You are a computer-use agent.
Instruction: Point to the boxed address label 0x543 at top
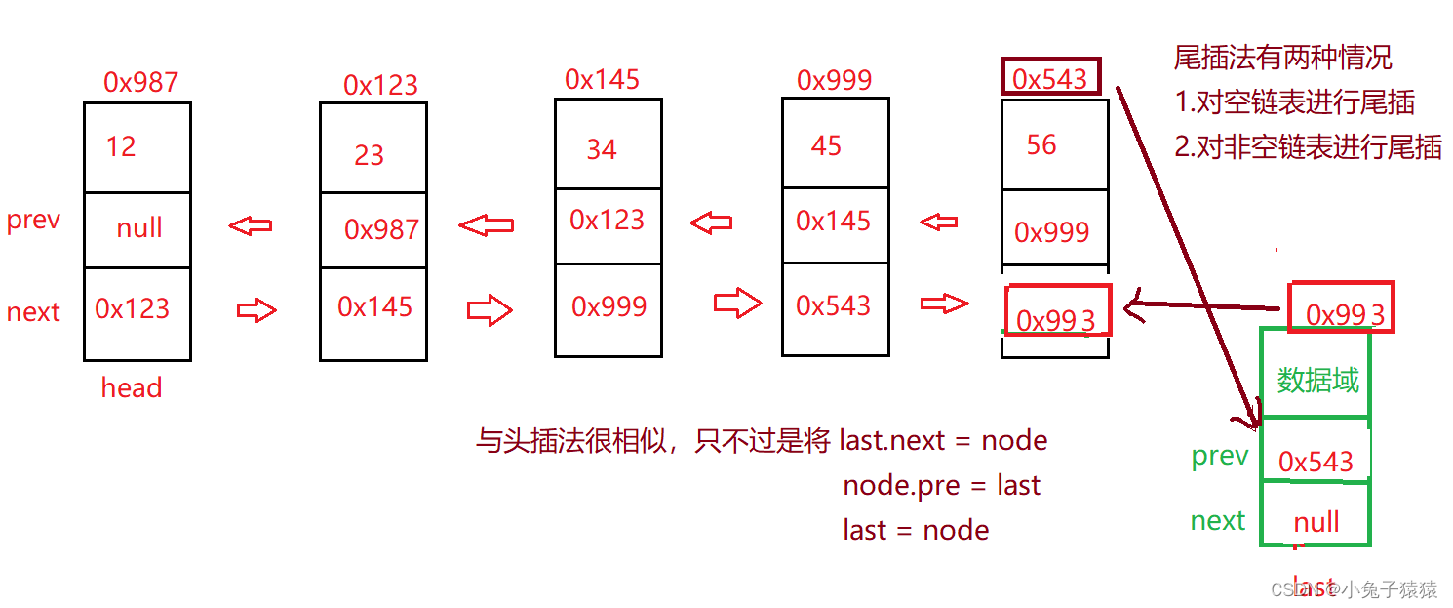(1050, 78)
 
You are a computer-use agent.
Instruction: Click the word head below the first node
(132, 388)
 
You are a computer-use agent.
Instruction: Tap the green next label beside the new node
(1218, 521)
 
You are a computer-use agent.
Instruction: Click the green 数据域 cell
(1317, 380)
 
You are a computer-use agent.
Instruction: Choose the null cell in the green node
(1316, 523)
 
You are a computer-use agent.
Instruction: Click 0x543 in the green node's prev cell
(1316, 462)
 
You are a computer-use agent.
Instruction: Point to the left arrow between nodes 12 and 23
(251, 226)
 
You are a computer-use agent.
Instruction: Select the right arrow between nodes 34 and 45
(736, 304)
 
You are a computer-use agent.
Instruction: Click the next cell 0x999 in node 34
(609, 307)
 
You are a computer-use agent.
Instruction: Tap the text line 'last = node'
(916, 530)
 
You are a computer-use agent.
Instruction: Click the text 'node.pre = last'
(941, 486)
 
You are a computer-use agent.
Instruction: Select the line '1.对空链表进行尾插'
(1294, 102)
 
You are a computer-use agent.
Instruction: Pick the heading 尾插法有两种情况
(1282, 58)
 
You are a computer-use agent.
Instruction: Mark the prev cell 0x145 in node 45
(833, 222)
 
